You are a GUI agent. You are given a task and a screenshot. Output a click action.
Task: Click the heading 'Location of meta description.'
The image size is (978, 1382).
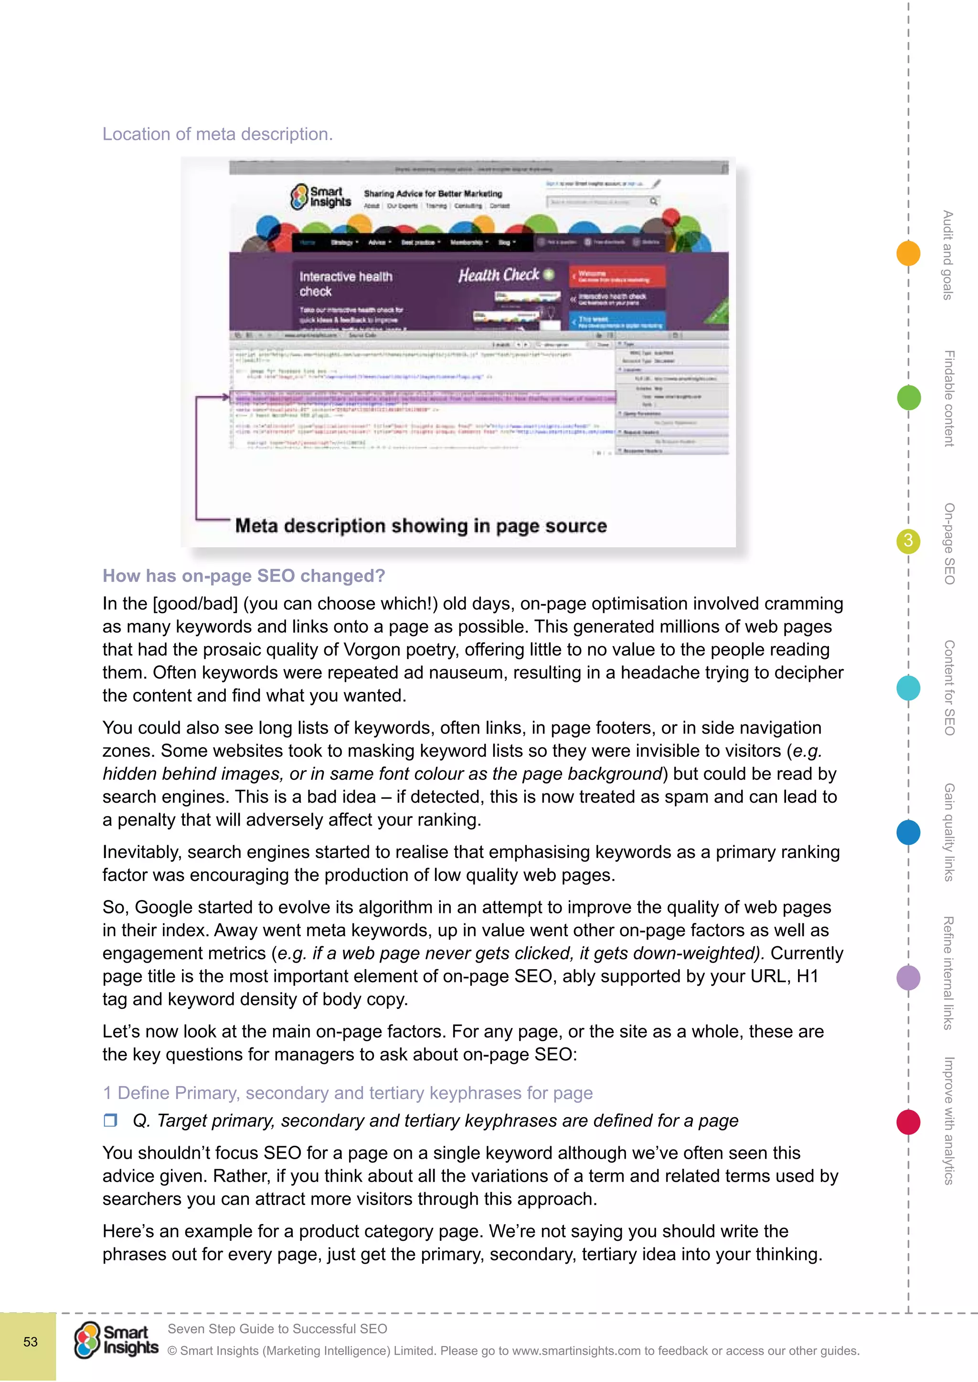(217, 134)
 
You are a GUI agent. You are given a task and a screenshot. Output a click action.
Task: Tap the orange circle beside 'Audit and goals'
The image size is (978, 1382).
(908, 253)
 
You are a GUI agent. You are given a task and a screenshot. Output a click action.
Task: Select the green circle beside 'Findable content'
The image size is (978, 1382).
(908, 398)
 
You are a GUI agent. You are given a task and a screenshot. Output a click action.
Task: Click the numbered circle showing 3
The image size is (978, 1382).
(908, 541)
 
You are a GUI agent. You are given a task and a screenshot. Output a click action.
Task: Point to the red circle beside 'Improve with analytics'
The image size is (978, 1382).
(908, 1122)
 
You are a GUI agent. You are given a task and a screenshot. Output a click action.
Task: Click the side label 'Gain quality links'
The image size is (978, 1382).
(949, 832)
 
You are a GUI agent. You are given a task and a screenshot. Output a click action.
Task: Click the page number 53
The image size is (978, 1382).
(30, 1341)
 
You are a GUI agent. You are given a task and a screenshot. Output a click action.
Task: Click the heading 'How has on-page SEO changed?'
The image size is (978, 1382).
(243, 576)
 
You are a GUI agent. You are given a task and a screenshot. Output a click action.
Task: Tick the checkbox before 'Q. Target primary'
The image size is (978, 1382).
(110, 1120)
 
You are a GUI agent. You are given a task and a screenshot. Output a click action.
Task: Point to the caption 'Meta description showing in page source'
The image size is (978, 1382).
(420, 525)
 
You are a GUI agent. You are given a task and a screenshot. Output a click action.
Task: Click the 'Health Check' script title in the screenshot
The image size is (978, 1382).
(499, 275)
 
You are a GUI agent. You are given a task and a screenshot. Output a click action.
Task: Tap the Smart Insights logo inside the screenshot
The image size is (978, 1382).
(320, 197)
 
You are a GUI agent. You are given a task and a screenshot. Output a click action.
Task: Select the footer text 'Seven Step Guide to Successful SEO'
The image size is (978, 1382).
(277, 1329)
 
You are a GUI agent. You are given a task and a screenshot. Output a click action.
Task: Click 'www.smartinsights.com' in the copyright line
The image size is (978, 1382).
(576, 1351)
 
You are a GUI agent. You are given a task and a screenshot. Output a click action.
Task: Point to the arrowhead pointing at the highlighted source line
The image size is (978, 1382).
(226, 397)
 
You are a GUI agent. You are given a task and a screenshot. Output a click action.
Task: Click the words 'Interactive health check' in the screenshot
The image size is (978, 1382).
(346, 283)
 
